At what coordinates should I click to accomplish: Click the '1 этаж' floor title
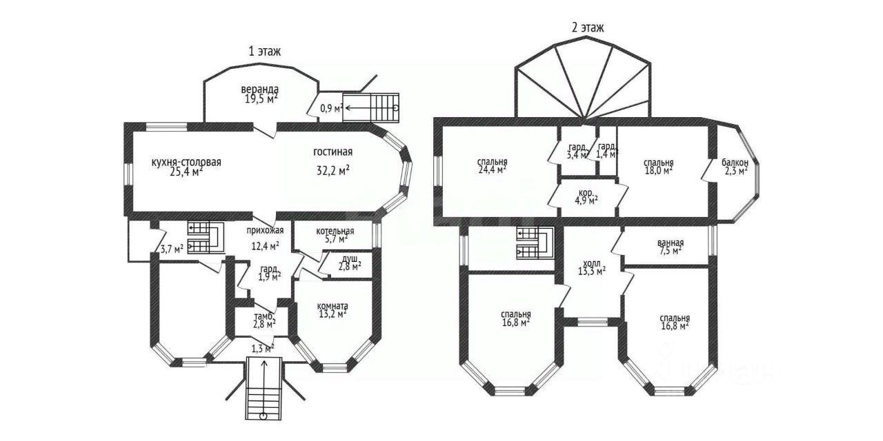point(264,51)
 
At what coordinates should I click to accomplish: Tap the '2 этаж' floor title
point(588,28)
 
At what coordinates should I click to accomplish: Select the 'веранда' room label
point(260,90)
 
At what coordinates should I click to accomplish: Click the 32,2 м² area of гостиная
point(333,170)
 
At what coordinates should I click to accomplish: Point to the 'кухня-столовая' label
point(186,162)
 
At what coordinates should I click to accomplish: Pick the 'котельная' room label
point(335,231)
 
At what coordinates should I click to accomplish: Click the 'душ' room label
point(349,258)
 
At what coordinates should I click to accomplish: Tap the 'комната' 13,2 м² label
point(333,306)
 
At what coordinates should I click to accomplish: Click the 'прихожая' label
point(266,230)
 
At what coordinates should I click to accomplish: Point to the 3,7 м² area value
point(172,249)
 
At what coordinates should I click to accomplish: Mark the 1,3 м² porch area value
point(263,349)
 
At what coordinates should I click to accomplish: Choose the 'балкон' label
point(735,162)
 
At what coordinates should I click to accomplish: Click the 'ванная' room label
point(670,243)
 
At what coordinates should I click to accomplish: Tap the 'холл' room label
point(592,263)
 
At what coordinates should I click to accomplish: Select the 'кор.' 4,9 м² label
point(586,193)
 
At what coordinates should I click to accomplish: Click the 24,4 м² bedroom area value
point(492,170)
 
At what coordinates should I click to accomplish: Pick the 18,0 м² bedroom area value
point(658,170)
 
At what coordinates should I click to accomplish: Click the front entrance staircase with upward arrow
point(264,388)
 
